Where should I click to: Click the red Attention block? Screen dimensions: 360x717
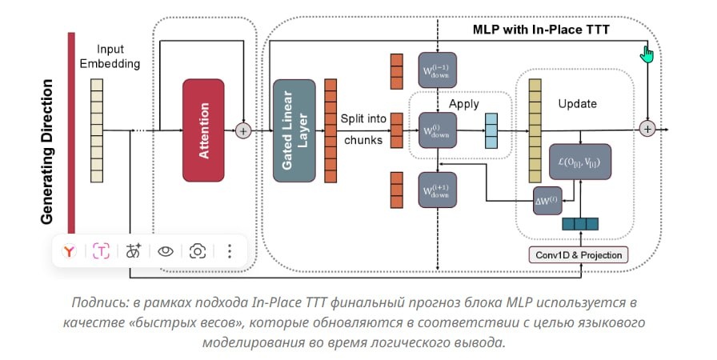(x=203, y=130)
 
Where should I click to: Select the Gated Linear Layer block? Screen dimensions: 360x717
(x=294, y=130)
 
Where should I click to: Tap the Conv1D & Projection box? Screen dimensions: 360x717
(x=577, y=254)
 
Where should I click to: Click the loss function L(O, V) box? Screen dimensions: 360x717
(x=580, y=162)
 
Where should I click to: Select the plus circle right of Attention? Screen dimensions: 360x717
(x=243, y=130)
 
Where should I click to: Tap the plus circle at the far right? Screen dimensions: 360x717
(x=647, y=129)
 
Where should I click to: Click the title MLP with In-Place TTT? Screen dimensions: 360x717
(x=541, y=30)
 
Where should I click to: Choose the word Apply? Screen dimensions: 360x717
(x=464, y=104)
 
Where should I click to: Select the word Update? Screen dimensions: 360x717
(x=576, y=104)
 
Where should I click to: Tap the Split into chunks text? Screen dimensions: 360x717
(x=365, y=130)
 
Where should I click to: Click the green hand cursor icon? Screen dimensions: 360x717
(x=647, y=54)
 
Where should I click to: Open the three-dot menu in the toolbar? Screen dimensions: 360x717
(x=229, y=251)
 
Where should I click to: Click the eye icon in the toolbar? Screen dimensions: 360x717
(x=166, y=251)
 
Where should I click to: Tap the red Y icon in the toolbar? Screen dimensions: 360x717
(x=70, y=251)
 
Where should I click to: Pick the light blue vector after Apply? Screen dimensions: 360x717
(x=491, y=131)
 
